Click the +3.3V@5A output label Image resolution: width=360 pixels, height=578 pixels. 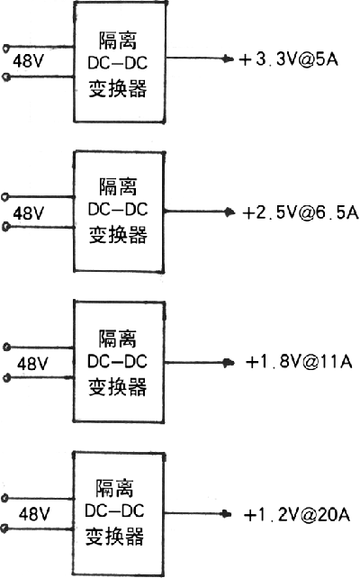click(x=289, y=59)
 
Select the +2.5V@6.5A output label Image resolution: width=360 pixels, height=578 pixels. click(x=301, y=212)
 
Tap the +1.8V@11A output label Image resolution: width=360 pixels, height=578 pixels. click(x=299, y=362)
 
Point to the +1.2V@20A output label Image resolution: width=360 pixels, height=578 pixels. click(x=297, y=515)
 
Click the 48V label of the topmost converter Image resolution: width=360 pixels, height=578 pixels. click(x=29, y=61)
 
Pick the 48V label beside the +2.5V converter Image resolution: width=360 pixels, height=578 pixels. click(x=29, y=213)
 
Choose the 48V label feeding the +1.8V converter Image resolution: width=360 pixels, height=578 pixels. click(x=32, y=364)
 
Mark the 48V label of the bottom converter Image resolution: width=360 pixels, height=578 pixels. click(x=34, y=513)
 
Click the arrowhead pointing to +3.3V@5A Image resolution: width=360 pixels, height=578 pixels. click(x=229, y=59)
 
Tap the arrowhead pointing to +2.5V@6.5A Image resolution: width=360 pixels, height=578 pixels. click(x=229, y=212)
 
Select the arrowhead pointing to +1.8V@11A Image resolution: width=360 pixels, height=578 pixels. click(x=229, y=363)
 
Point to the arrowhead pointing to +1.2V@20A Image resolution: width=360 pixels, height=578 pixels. click(x=226, y=514)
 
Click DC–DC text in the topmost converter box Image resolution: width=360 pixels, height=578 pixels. click(x=118, y=63)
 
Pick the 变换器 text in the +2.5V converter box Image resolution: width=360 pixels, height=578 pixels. click(x=118, y=235)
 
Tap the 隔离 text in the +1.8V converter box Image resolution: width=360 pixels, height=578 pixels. click(x=118, y=339)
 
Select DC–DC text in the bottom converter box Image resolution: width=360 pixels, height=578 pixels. click(x=114, y=510)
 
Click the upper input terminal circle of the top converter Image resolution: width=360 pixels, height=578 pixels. click(x=6, y=48)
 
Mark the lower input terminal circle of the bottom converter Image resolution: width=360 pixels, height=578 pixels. click(x=4, y=529)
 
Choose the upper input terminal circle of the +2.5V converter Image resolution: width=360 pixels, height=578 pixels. click(x=5, y=197)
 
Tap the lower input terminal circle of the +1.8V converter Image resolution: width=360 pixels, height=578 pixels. click(x=6, y=378)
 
